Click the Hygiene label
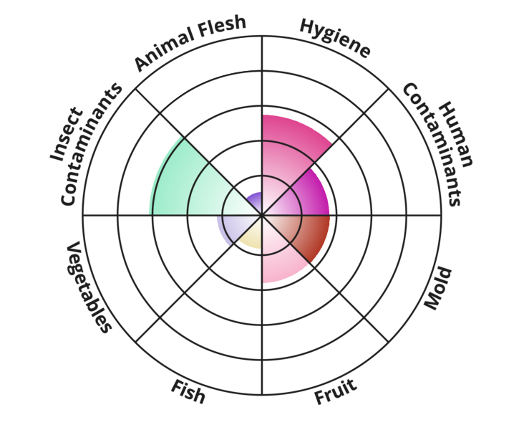(335, 38)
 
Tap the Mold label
(438, 289)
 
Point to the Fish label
(188, 392)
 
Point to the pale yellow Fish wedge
(251, 237)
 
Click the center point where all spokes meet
(262, 215)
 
